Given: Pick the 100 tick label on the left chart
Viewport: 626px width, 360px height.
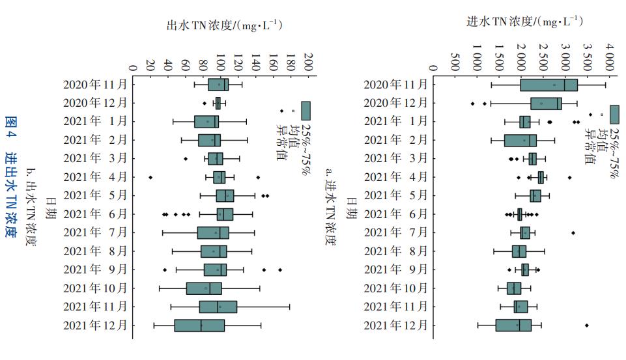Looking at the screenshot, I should (220, 60).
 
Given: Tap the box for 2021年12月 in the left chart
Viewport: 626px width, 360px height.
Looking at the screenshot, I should (199, 325).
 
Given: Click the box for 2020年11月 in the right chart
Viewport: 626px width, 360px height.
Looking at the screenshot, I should (548, 85).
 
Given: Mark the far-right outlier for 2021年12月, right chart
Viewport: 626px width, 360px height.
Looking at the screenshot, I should (587, 325).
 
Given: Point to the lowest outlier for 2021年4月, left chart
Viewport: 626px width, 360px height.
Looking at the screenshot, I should (150, 177).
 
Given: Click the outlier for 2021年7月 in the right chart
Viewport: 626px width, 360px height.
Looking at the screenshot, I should (573, 232).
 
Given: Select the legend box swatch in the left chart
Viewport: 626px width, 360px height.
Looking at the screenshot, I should (306, 110).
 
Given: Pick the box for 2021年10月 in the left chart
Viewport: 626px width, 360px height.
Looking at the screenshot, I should (204, 288).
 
